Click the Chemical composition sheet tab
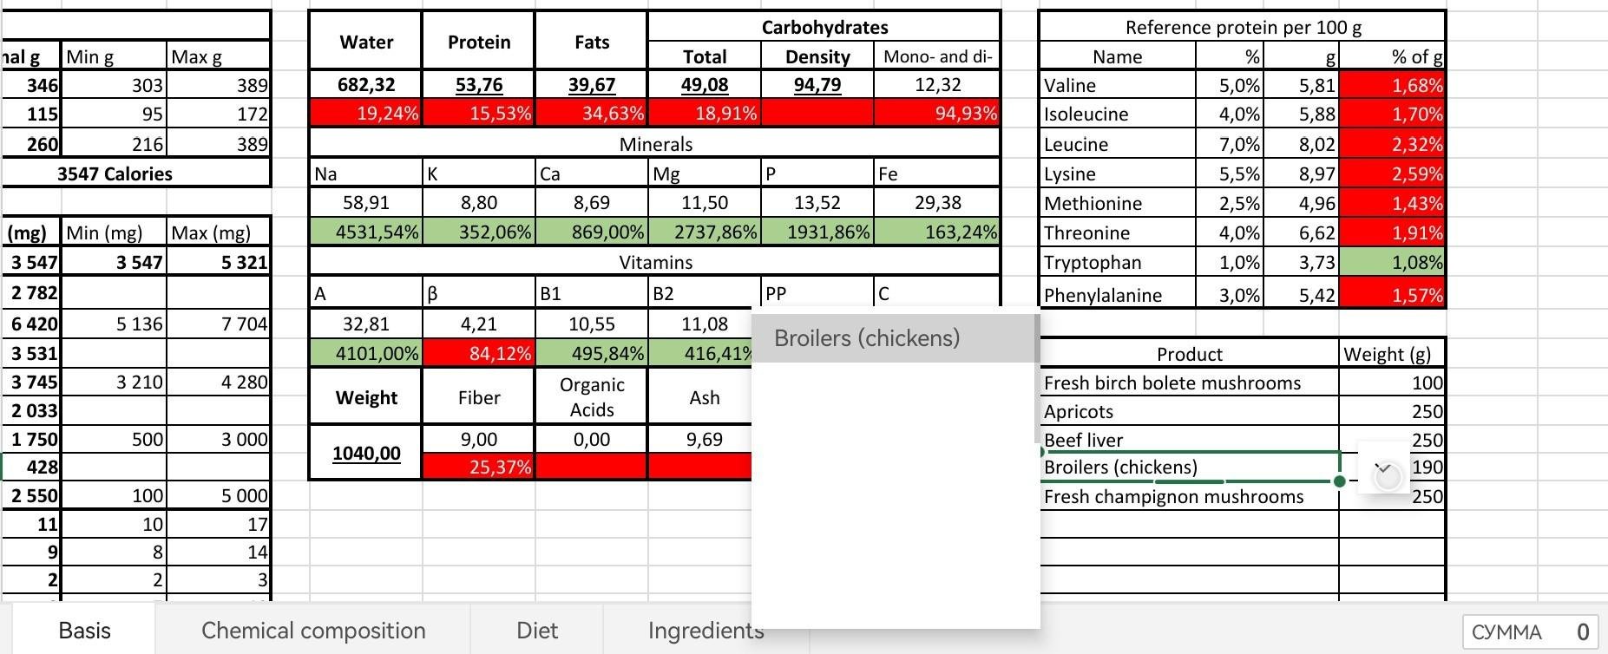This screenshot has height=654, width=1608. coord(313,630)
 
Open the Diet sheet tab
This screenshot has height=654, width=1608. coord(536,630)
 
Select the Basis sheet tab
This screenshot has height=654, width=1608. coord(84,630)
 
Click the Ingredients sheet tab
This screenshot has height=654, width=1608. coord(705,630)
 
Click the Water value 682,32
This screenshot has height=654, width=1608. coord(366,85)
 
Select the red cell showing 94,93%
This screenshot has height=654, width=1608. coord(937,114)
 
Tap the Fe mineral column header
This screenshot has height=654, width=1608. coord(937,173)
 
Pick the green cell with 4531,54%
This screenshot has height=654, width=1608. coord(366,232)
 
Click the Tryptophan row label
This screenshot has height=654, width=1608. coord(1117,263)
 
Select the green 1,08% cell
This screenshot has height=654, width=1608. coord(1392,263)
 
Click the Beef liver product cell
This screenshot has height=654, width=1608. coord(1189,440)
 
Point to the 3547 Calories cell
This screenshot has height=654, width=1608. coord(115,173)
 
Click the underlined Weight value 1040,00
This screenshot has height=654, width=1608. coord(366,454)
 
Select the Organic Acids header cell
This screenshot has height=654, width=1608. coord(592,397)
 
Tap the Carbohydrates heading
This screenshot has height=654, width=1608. coord(824,28)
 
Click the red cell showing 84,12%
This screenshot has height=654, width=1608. coord(479,354)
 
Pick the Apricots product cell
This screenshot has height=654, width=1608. coord(1189,411)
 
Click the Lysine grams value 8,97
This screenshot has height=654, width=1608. coord(1302,173)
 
